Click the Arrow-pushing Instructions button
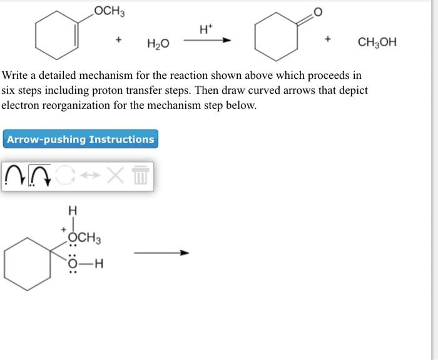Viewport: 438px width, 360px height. pos(81,139)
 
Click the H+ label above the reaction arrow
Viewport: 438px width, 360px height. pos(205,29)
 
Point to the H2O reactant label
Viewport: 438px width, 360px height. pos(158,43)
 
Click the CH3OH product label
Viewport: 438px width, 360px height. pos(377,43)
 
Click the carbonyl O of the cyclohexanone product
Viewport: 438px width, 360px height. pos(317,12)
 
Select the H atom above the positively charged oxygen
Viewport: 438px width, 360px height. pos(73,211)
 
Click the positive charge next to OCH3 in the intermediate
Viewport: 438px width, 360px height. pos(64,231)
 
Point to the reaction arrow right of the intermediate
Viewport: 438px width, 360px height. pos(161,253)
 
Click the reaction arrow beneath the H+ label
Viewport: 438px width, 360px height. pos(206,41)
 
